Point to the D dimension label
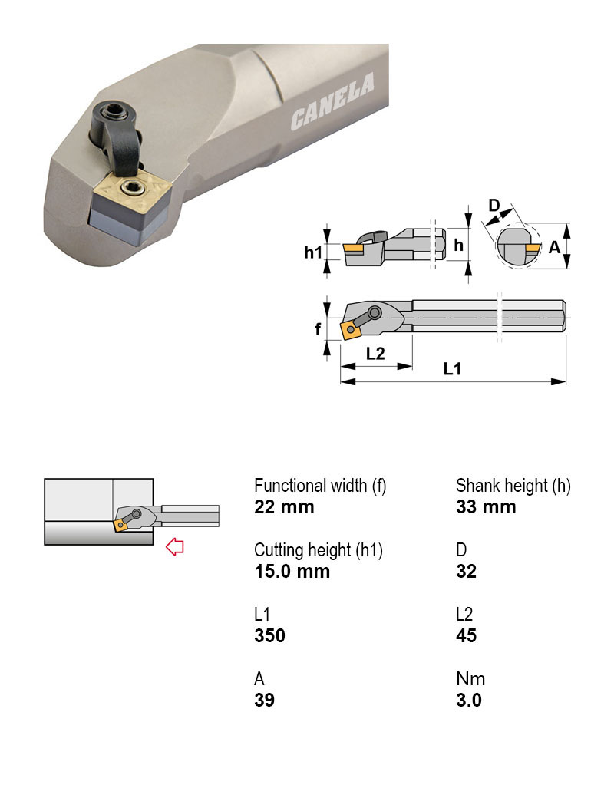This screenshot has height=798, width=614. coord(494,205)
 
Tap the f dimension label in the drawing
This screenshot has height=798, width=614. coord(317,329)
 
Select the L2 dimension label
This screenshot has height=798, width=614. coord(375,354)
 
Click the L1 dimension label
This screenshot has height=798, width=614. coord(452,368)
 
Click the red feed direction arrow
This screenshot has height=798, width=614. coord(175,546)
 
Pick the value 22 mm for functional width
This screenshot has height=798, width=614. coord(284,507)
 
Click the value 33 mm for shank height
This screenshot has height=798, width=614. coord(486,507)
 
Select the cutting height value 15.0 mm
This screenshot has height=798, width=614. coord(292,572)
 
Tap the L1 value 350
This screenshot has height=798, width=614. coord(269,636)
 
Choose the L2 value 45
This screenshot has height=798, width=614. coord(466,636)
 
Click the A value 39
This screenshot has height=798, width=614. coord(264,701)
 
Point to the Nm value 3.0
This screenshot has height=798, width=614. coord(468,701)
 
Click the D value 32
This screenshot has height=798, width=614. coord(466,572)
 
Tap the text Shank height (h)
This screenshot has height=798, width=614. coord(513,486)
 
